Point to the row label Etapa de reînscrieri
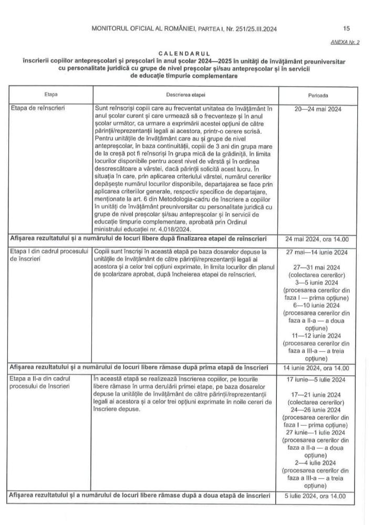(38, 108)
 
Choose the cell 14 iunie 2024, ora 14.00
(319, 367)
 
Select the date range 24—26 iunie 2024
(318, 410)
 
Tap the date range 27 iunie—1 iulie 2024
(318, 433)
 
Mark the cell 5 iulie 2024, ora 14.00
(319, 495)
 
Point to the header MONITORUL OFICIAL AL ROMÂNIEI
(141, 28)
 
